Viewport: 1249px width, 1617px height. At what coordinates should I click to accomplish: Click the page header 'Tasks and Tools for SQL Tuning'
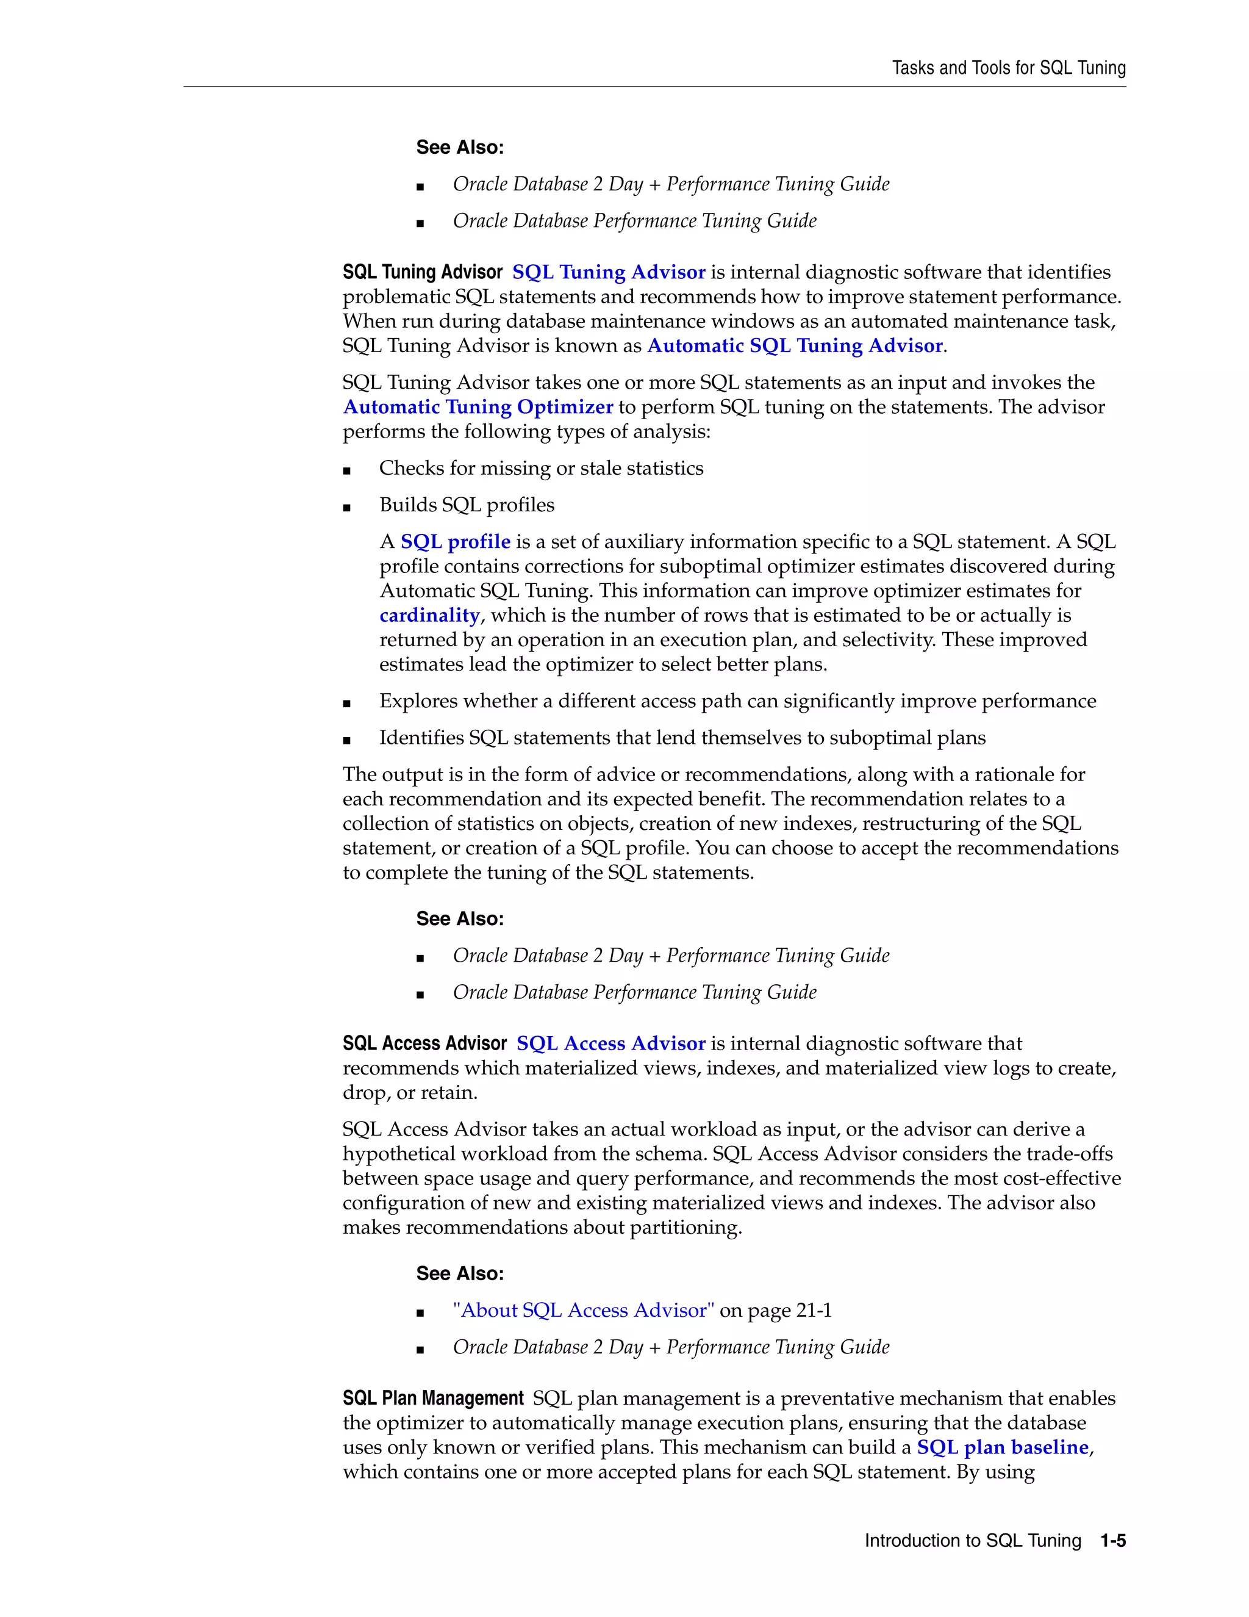pyautogui.click(x=1009, y=68)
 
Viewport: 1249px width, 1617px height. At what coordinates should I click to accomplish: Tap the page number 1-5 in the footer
pyautogui.click(x=1112, y=1540)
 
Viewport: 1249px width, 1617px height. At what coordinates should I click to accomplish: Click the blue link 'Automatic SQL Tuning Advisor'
pyautogui.click(x=795, y=346)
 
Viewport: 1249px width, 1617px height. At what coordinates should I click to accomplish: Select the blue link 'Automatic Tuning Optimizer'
pyautogui.click(x=478, y=407)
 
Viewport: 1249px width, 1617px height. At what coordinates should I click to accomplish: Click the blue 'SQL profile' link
pyautogui.click(x=455, y=542)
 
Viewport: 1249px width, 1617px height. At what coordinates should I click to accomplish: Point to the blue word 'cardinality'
pyautogui.click(x=429, y=615)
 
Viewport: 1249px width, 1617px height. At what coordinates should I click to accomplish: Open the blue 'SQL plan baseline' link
pyautogui.click(x=1003, y=1447)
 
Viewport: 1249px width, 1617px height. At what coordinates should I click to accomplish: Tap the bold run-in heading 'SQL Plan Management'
pyautogui.click(x=433, y=1398)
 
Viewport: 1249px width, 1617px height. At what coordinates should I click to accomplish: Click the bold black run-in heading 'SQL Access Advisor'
pyautogui.click(x=424, y=1043)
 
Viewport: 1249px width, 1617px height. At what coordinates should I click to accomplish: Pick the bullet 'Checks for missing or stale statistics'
pyautogui.click(x=541, y=468)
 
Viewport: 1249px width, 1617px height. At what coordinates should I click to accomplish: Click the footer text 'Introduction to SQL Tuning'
pyautogui.click(x=972, y=1540)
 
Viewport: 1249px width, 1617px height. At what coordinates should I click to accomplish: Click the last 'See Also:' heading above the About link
pyautogui.click(x=459, y=1273)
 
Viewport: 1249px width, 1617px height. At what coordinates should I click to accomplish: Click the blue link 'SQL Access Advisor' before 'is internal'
pyautogui.click(x=610, y=1043)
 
